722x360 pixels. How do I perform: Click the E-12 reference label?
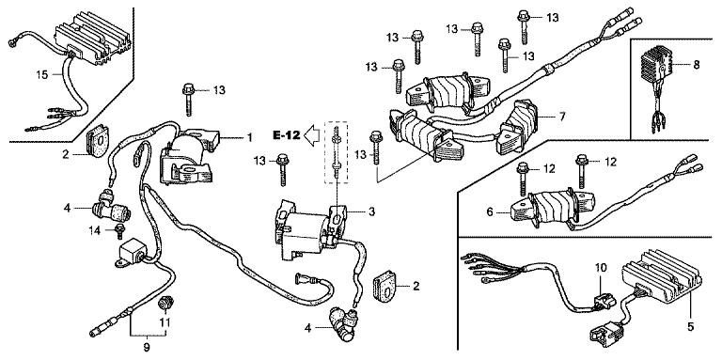click(x=286, y=135)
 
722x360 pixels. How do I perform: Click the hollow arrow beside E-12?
click(x=314, y=135)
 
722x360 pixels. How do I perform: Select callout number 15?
click(x=42, y=74)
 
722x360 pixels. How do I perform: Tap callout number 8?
click(x=696, y=65)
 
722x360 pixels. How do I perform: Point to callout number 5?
click(x=691, y=327)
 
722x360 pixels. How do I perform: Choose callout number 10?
click(x=602, y=267)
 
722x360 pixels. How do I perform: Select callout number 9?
click(x=147, y=346)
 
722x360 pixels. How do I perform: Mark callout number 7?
click(x=562, y=116)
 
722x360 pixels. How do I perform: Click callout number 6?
click(x=490, y=212)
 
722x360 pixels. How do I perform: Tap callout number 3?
click(x=371, y=211)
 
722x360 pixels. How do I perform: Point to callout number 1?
click(x=249, y=137)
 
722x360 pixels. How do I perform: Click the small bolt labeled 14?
click(x=119, y=231)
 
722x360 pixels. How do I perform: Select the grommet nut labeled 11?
click(x=163, y=305)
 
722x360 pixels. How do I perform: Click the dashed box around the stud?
click(x=337, y=153)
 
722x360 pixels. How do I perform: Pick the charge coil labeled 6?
click(x=553, y=208)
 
